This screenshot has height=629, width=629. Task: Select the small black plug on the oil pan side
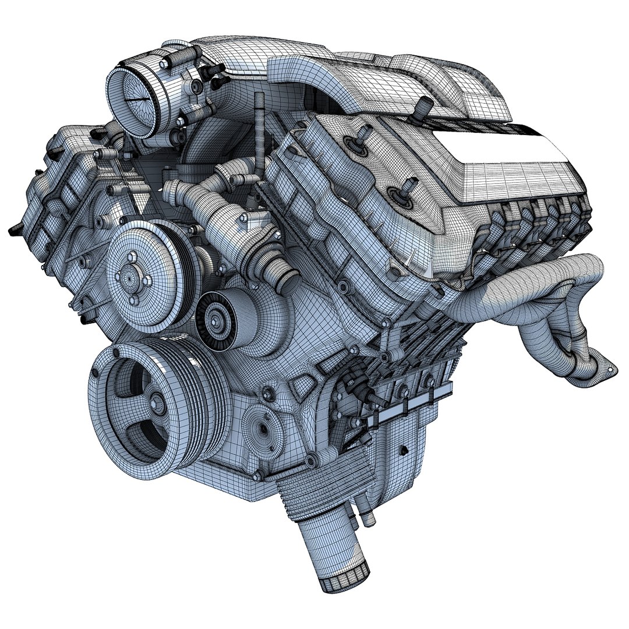[401, 449]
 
